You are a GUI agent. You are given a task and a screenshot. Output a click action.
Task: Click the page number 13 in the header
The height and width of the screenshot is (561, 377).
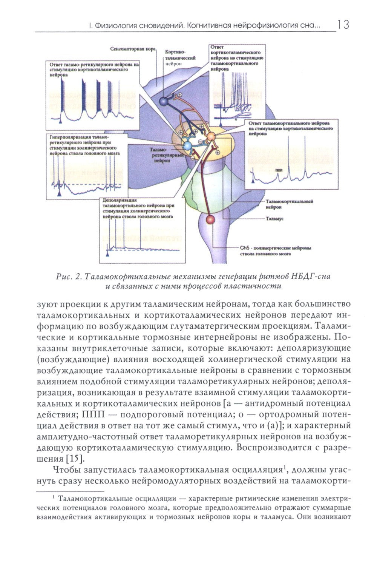click(343, 25)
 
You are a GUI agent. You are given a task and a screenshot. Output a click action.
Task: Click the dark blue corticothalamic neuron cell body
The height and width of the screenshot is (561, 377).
click(163, 101)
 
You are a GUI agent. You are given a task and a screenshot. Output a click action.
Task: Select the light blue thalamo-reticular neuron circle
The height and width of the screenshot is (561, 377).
click(187, 145)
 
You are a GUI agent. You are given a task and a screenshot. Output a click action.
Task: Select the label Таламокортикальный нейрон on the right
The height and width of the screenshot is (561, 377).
click(289, 204)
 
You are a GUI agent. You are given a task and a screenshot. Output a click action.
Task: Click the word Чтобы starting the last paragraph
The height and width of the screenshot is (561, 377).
click(67, 470)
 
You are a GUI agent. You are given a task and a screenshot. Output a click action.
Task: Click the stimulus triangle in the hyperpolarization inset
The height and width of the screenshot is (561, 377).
click(59, 193)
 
